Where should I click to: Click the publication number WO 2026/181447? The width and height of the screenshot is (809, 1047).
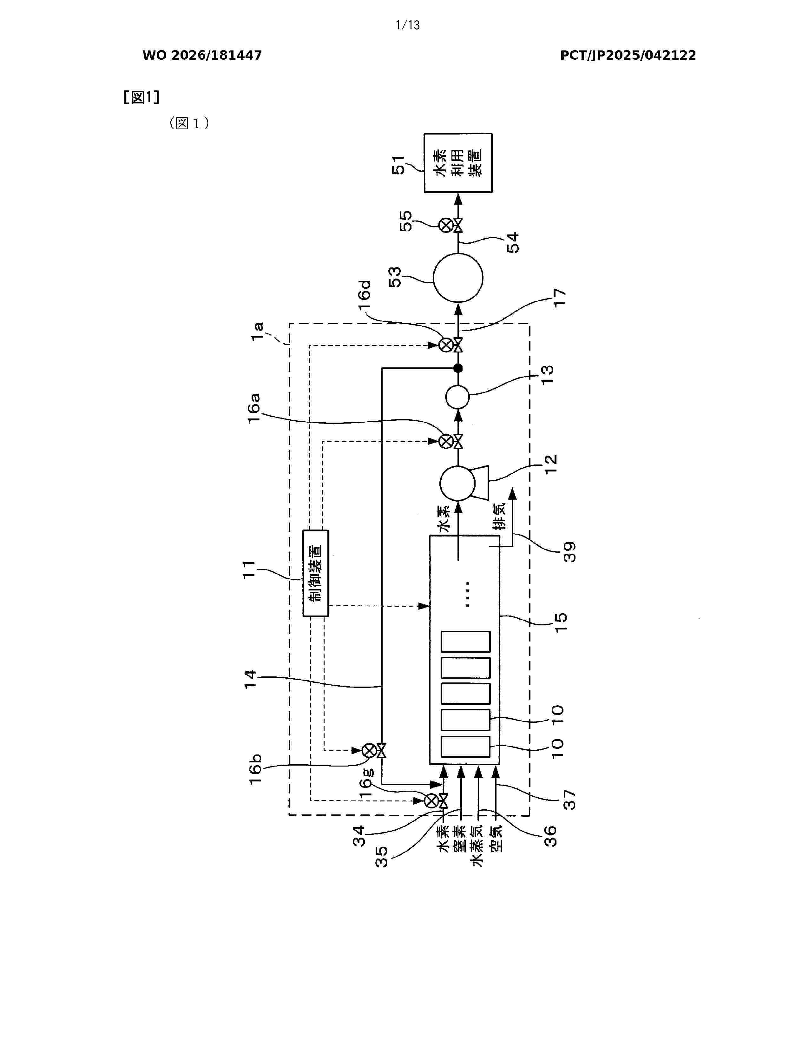click(202, 56)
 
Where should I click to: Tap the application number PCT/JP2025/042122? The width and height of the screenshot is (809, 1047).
click(628, 56)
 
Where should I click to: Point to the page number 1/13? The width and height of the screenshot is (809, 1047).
click(407, 25)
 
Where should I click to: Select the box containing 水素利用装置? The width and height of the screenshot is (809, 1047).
click(458, 163)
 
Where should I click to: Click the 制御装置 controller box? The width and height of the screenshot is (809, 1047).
click(315, 573)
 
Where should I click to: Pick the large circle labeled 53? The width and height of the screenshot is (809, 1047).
click(458, 278)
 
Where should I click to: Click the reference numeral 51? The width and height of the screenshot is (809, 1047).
click(398, 165)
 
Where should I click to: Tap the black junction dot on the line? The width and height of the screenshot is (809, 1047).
click(458, 368)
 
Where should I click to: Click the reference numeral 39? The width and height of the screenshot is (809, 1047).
click(569, 552)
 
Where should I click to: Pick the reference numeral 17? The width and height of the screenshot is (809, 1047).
click(559, 297)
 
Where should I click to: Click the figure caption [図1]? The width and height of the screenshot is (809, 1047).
click(141, 97)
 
